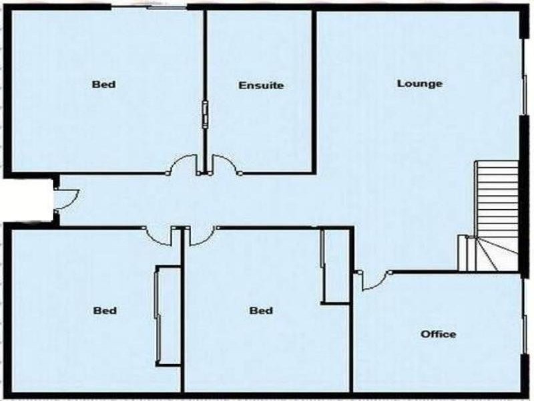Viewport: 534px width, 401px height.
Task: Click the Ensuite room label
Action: pos(261,86)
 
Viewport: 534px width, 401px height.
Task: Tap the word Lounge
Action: pos(420,84)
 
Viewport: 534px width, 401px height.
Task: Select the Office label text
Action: pos(439,333)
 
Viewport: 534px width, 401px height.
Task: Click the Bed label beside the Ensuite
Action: pos(104,84)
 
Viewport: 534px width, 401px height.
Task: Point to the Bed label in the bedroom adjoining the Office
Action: pos(261,311)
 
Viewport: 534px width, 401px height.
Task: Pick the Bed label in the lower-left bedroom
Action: pos(105,311)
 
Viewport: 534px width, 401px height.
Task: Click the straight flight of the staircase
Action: pos(497,198)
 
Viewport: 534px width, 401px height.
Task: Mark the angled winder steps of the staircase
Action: pos(491,254)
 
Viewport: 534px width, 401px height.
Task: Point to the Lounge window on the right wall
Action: pos(525,94)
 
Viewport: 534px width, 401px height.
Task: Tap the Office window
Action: pos(525,334)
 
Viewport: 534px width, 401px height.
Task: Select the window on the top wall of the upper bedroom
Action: pos(149,7)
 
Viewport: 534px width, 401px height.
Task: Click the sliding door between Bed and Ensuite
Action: pos(205,114)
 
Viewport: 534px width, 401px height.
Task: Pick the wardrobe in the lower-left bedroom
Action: pos(168,315)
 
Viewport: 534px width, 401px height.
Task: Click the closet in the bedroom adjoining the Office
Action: pos(336,265)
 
